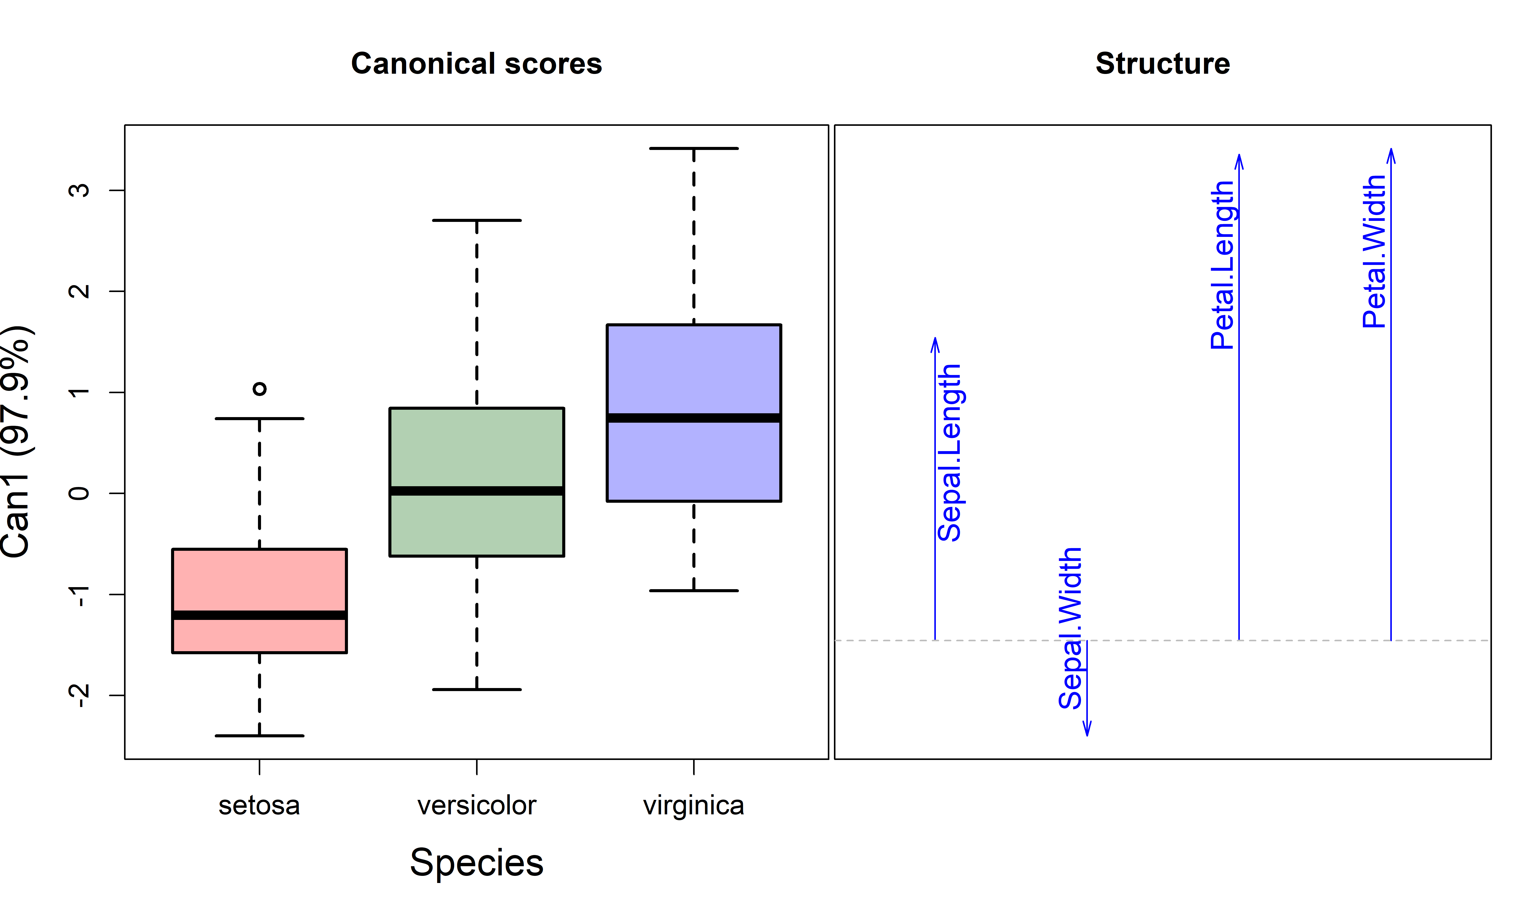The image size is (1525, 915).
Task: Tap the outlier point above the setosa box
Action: point(260,388)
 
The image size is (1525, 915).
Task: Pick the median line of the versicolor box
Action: point(477,491)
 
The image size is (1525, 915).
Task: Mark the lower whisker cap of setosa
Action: point(260,736)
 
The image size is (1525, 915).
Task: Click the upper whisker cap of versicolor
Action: point(477,220)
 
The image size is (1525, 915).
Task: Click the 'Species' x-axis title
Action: point(477,862)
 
